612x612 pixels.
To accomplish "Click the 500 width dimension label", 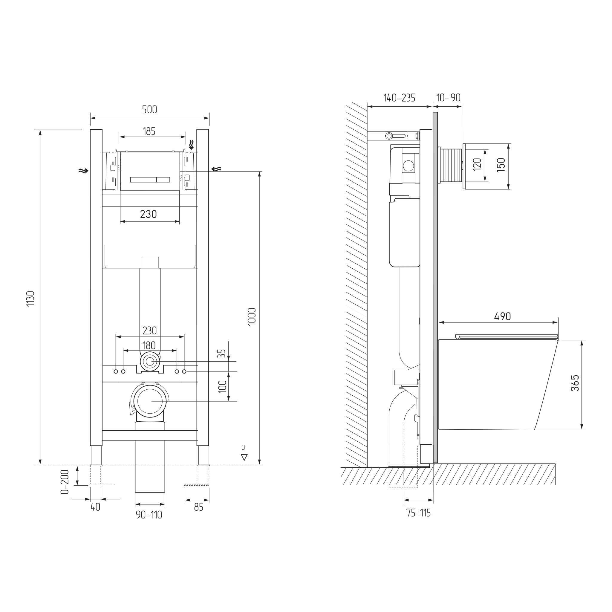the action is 149,110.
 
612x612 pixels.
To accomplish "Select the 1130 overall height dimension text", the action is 31,299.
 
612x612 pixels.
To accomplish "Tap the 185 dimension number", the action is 149,131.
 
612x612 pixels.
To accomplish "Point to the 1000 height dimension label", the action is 252,317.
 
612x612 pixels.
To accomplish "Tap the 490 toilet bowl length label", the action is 502,316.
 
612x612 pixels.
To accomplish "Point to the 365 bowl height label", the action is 575,383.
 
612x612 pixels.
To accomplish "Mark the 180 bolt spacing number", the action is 149,345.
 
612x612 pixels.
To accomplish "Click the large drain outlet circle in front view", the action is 150,401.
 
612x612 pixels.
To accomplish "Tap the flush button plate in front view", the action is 150,171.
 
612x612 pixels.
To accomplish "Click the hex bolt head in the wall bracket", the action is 389,136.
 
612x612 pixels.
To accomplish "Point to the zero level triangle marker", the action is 244,458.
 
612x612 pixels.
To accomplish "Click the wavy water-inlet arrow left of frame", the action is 83,171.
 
